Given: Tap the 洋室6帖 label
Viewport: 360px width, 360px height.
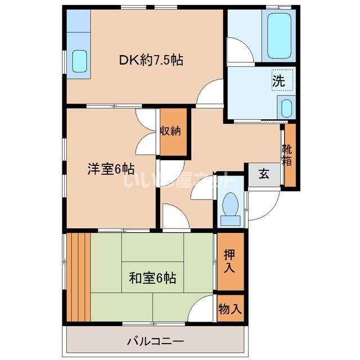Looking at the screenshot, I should tap(110, 168).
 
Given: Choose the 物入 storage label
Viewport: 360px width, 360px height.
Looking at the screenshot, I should tap(231, 308).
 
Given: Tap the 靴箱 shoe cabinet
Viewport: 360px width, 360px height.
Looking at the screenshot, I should tap(288, 155).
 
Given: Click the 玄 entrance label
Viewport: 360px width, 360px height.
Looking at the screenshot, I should tap(263, 174).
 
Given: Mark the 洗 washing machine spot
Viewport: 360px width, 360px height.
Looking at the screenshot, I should tap(278, 80).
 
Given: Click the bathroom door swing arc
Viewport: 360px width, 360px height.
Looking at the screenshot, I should tap(239, 49).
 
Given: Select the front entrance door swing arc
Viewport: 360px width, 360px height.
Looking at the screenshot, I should tap(260, 208).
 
